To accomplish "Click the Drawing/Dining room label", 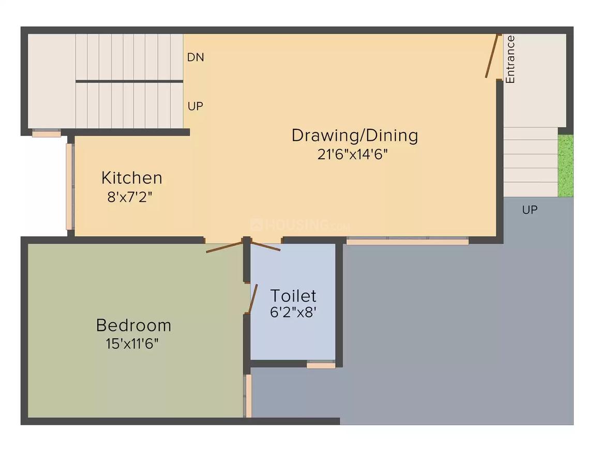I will [355, 136].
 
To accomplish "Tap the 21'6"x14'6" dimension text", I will [353, 155].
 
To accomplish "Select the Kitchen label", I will [131, 178].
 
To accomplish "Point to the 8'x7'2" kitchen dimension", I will [129, 197].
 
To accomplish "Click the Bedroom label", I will [133, 325].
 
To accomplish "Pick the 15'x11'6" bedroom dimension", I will [132, 344].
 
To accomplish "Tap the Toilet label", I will [293, 296].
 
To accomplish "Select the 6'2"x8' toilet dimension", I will [293, 313].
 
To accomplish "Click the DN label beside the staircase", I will [196, 57].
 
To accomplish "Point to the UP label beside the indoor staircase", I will [196, 107].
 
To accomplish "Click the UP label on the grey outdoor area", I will [530, 210].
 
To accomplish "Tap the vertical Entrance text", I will [511, 59].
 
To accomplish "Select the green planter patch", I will [566, 166].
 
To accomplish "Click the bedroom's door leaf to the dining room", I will [224, 247].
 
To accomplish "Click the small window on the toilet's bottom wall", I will [321, 366].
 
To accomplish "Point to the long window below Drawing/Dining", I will [407, 241].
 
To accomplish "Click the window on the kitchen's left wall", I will [69, 186].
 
